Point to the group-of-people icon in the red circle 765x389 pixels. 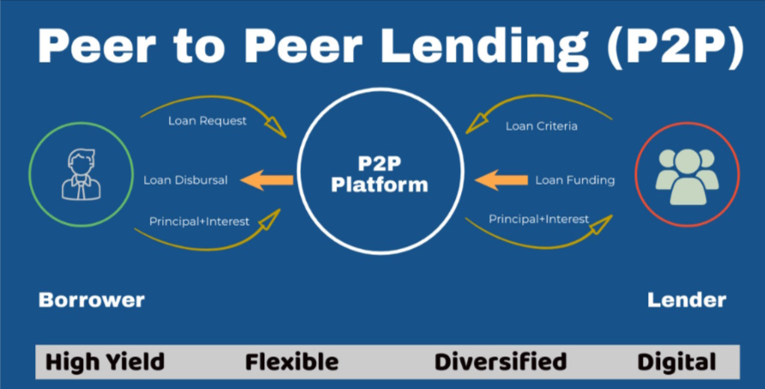(686, 173)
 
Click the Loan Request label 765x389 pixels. (206, 120)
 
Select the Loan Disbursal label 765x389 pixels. (185, 180)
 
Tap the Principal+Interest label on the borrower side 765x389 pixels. (199, 222)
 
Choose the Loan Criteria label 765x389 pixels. (541, 126)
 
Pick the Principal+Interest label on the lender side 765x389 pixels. (539, 219)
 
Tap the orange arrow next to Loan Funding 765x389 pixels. (501, 180)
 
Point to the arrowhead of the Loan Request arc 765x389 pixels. (277, 126)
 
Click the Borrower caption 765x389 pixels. (91, 300)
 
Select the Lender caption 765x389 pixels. (686, 300)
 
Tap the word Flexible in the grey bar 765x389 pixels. (292, 362)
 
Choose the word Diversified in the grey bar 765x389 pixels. (500, 362)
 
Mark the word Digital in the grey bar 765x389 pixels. (676, 362)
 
